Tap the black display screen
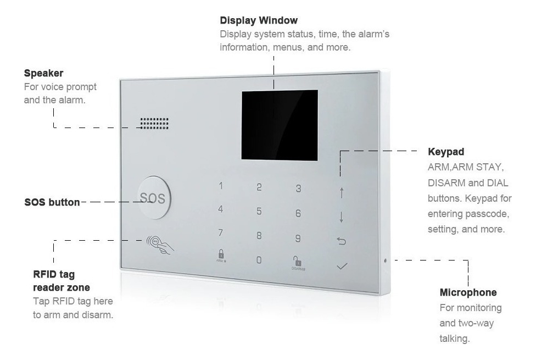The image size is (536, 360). pos(280,125)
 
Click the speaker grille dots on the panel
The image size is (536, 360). pos(154,124)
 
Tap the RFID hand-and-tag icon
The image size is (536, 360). pos(160,245)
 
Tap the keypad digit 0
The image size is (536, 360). pos(259,260)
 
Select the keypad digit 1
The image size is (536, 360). pos(221,186)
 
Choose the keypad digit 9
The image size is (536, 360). pos(298,238)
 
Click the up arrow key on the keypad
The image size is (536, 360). pos(342,193)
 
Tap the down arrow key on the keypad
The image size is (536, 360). pos(342,217)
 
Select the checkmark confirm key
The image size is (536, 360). pos(342,266)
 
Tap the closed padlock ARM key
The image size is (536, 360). pos(221,256)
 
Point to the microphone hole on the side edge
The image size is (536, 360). pos(386,261)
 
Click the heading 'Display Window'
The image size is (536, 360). pos(259,20)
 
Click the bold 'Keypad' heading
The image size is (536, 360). pos(446,152)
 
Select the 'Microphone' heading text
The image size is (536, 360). pos(468,292)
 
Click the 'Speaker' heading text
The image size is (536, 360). pos(43,73)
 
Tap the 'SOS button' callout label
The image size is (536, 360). pos(52,202)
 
